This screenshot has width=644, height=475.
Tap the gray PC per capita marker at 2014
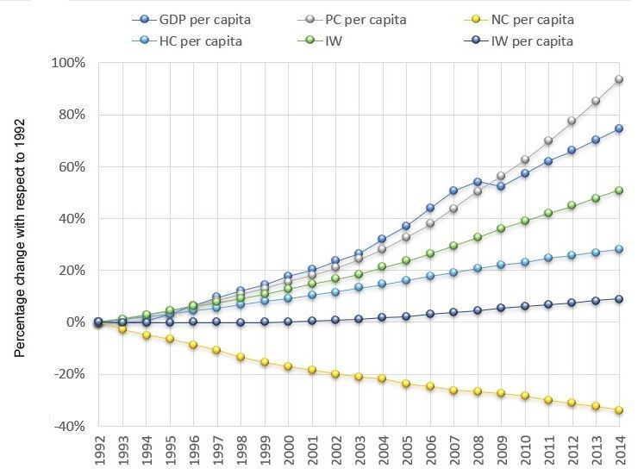tap(619, 79)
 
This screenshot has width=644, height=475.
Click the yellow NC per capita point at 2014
tap(619, 410)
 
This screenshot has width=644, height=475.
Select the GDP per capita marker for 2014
tap(619, 128)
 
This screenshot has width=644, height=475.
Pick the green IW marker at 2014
tap(619, 191)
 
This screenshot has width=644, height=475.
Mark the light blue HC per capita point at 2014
tap(619, 249)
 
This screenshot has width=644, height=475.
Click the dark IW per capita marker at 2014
tap(619, 299)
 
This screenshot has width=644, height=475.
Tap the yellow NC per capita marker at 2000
tap(288, 366)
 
